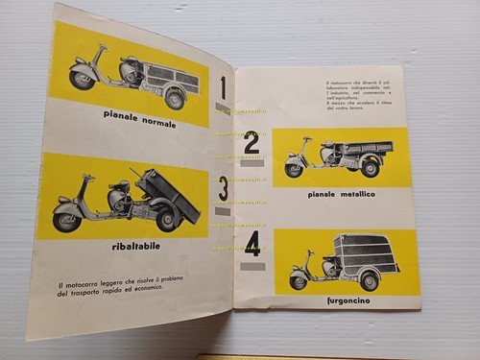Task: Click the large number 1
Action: [x=223, y=89]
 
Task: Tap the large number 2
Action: [x=252, y=144]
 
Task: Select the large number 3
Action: [x=222, y=188]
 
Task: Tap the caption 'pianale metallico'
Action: [x=343, y=195]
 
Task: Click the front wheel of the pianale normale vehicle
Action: [x=81, y=80]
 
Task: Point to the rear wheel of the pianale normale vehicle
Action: [x=174, y=97]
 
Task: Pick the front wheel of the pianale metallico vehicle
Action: [x=294, y=170]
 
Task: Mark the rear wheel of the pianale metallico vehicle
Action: [x=370, y=169]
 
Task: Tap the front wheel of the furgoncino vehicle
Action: [x=300, y=281]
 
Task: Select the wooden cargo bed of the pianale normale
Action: [x=173, y=77]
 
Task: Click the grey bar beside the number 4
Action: [x=251, y=265]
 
